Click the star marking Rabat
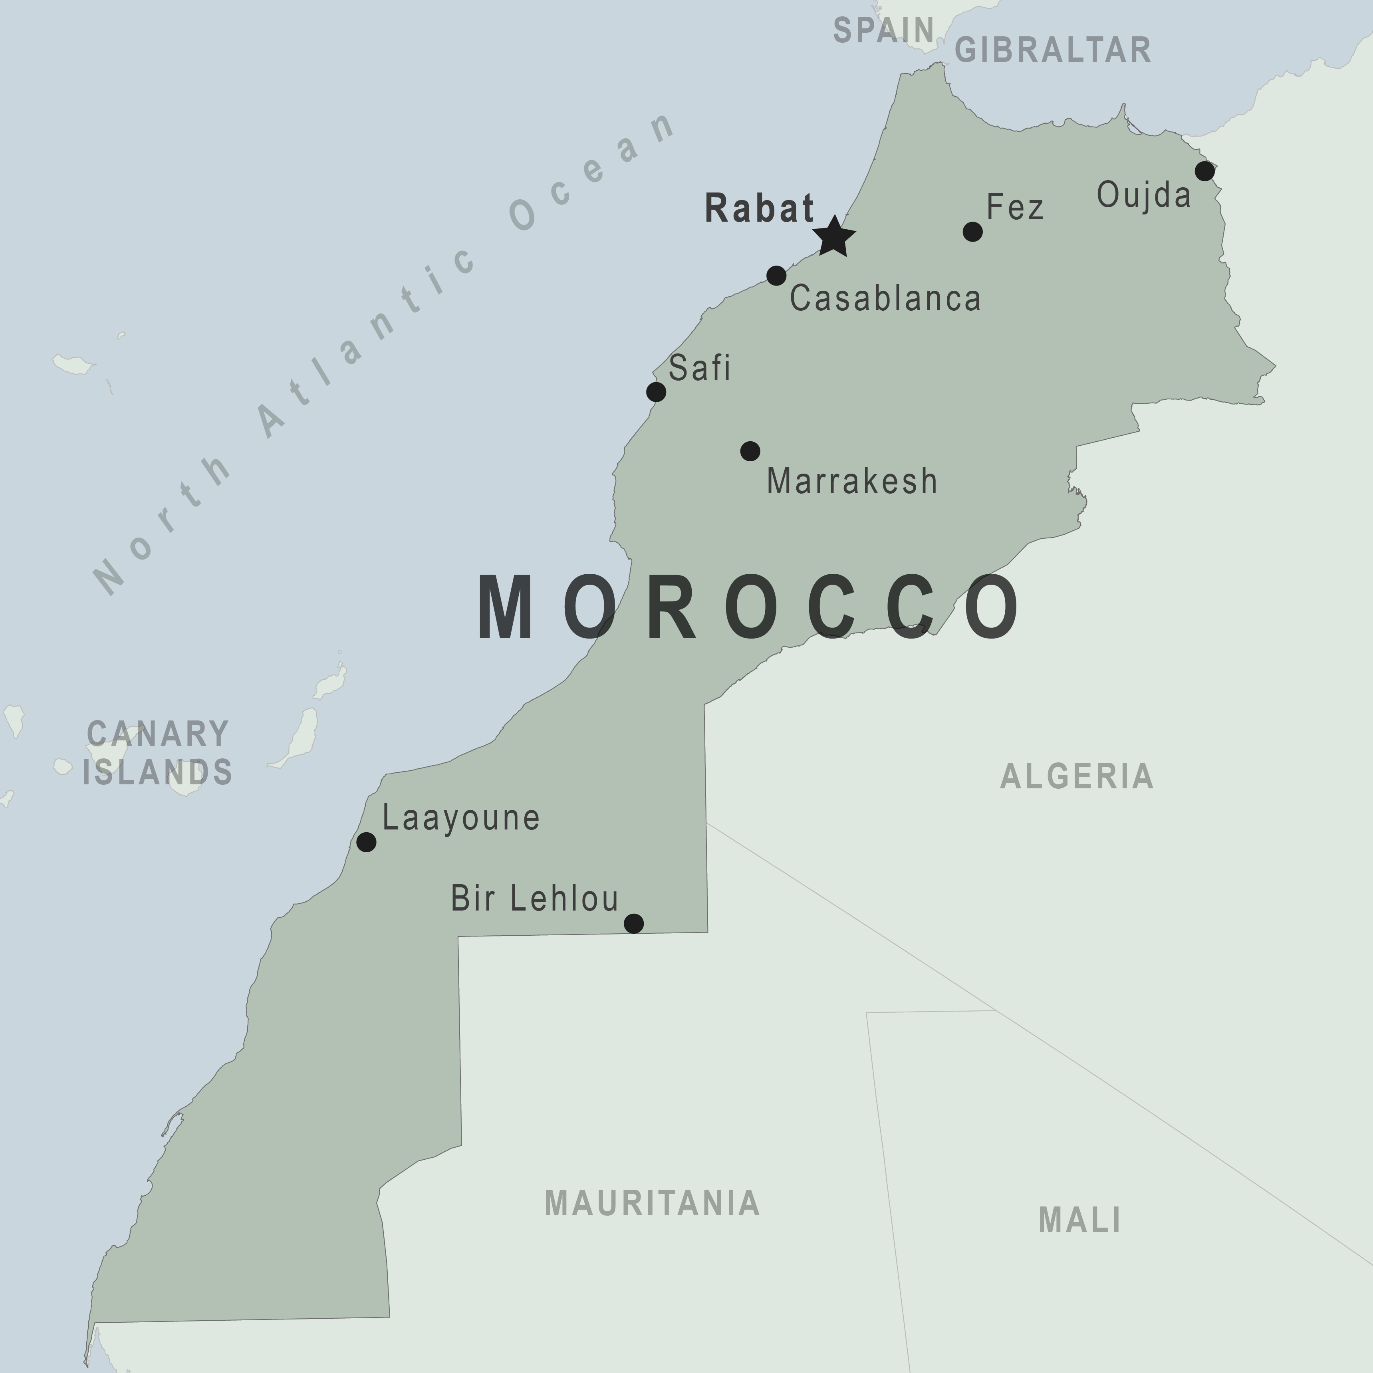click(x=833, y=237)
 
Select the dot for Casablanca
click(x=776, y=275)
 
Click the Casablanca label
click(x=885, y=298)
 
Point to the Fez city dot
click(x=972, y=232)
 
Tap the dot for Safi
click(x=656, y=392)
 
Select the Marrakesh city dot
click(x=750, y=451)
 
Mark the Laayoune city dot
click(x=366, y=842)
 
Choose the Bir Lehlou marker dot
click(x=634, y=923)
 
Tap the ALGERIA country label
click(x=1077, y=776)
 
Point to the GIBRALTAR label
click(x=1052, y=50)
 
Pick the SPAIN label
click(x=883, y=31)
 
